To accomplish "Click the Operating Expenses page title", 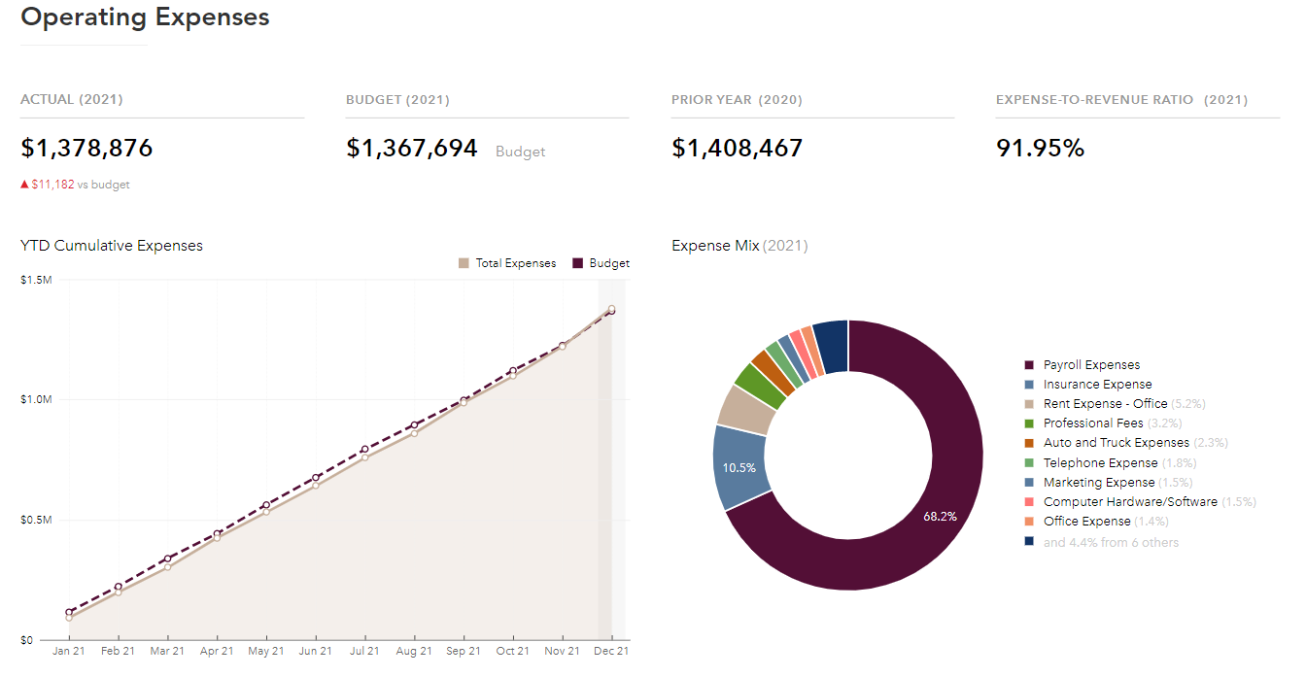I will click(x=145, y=17).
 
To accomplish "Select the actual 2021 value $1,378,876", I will click(x=86, y=149).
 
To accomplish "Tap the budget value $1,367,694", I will click(x=412, y=149).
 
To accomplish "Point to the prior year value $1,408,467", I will click(x=737, y=149).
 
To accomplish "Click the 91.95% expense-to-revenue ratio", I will click(x=1040, y=149).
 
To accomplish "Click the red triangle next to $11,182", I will click(x=24, y=184).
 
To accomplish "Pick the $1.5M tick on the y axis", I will click(x=36, y=280).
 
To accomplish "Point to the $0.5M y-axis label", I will click(x=36, y=520).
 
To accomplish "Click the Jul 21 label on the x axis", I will click(x=364, y=651).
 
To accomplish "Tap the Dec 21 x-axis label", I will click(x=611, y=651).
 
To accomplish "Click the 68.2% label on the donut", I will click(x=940, y=517).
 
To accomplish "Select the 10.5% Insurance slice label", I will click(x=739, y=467).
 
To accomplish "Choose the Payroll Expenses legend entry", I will click(x=1091, y=365).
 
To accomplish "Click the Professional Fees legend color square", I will click(x=1029, y=423).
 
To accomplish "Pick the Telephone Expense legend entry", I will click(x=1100, y=462).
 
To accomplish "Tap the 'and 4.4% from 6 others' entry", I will click(x=1111, y=542).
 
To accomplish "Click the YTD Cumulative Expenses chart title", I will click(x=112, y=246).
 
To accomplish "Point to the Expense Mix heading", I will click(x=715, y=246).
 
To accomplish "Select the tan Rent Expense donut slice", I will click(x=745, y=410).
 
